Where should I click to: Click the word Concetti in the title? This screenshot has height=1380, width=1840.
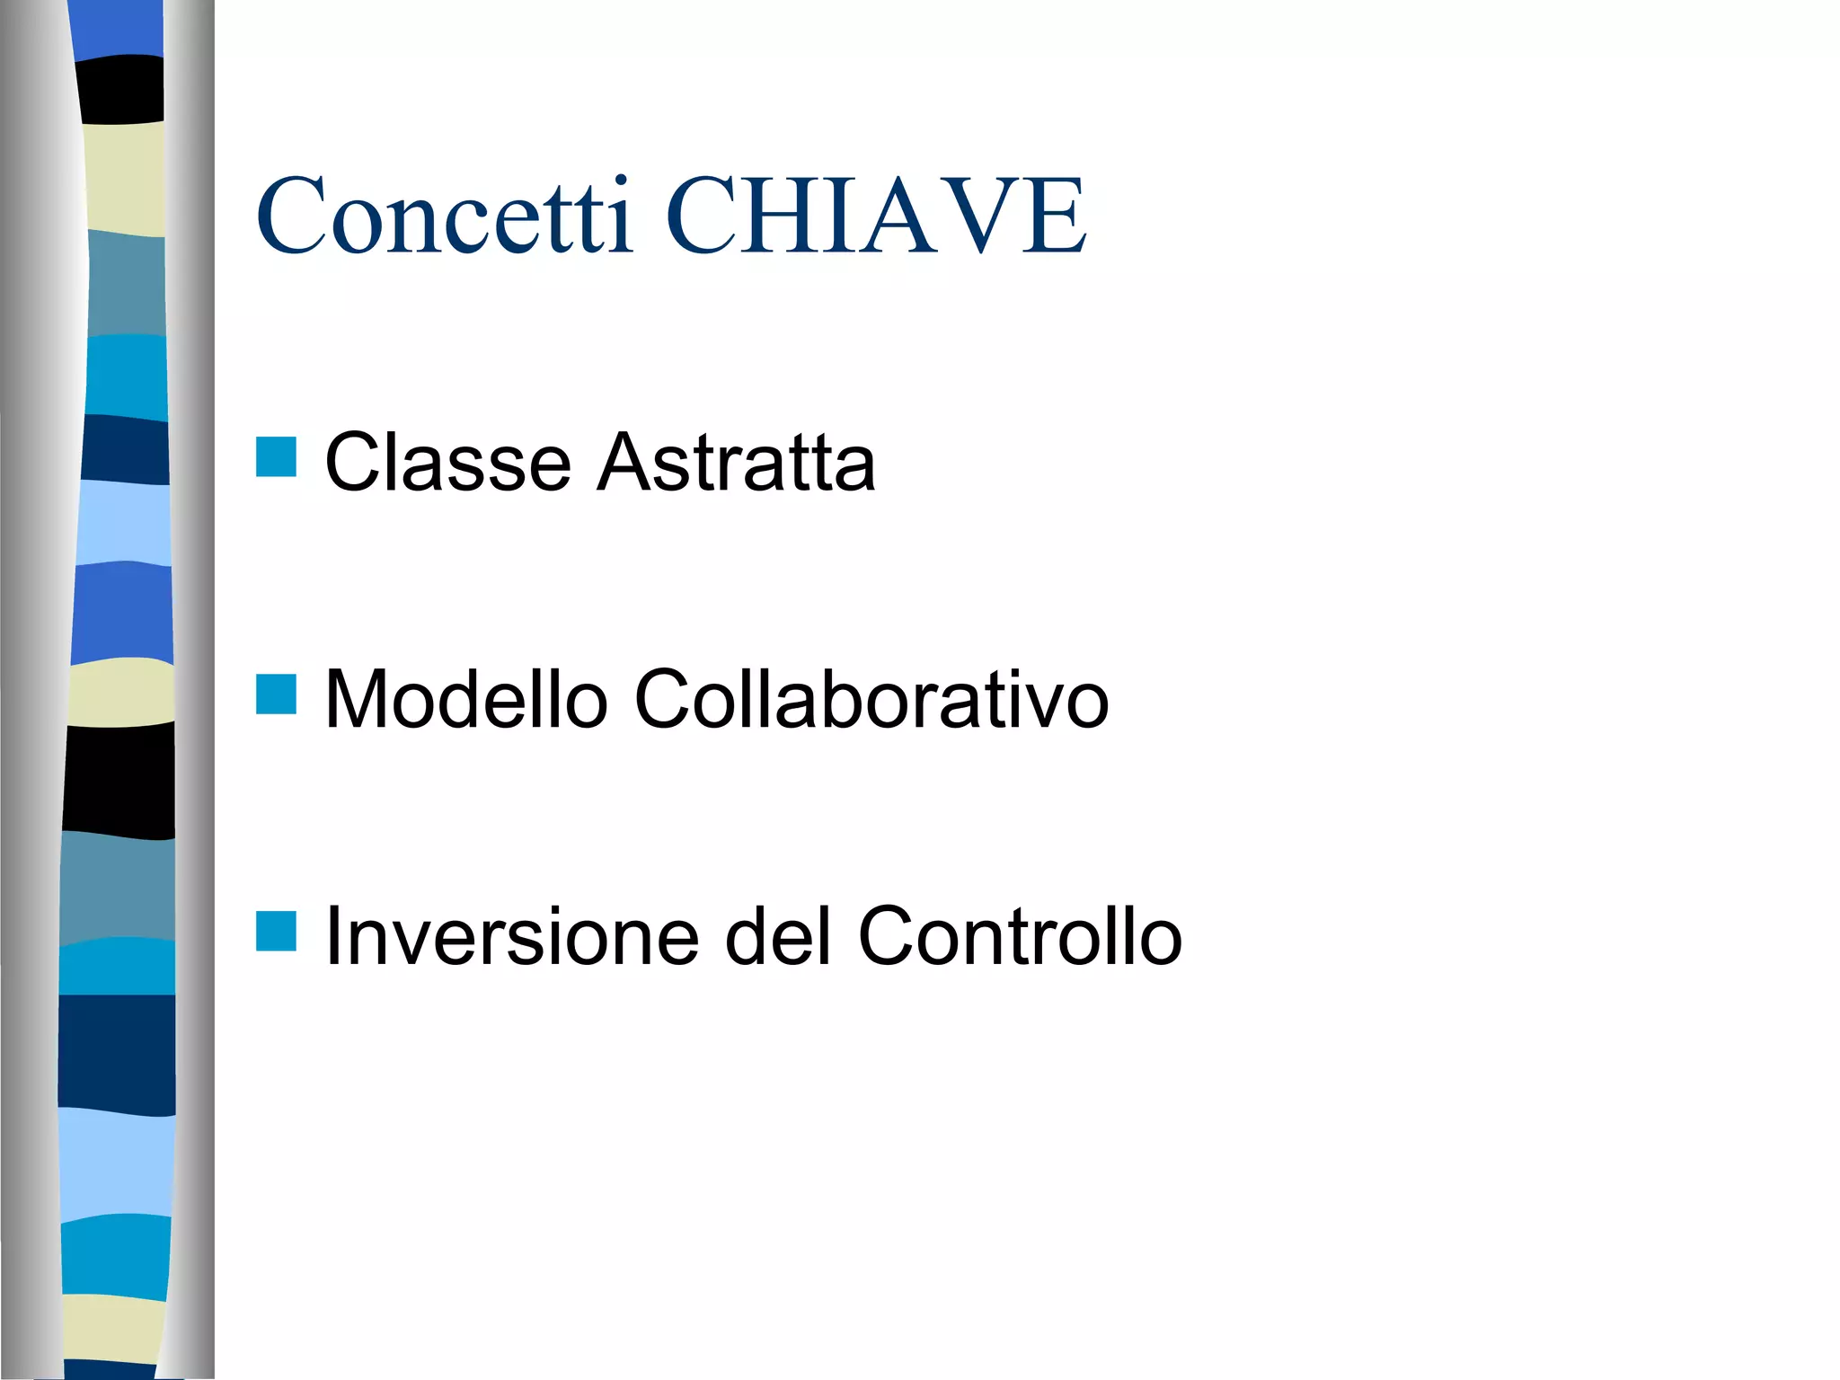445,216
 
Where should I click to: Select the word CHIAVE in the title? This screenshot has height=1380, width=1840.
876,216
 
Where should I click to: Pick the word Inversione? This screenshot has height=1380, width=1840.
511,936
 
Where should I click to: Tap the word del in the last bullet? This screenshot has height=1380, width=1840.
778,936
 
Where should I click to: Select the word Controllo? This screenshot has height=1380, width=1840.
1020,936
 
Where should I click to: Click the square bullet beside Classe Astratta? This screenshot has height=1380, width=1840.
276,456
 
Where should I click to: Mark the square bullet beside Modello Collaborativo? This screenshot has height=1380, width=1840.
276,694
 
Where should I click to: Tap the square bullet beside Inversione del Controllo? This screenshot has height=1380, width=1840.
276,931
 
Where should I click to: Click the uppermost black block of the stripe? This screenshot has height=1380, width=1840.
120,90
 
